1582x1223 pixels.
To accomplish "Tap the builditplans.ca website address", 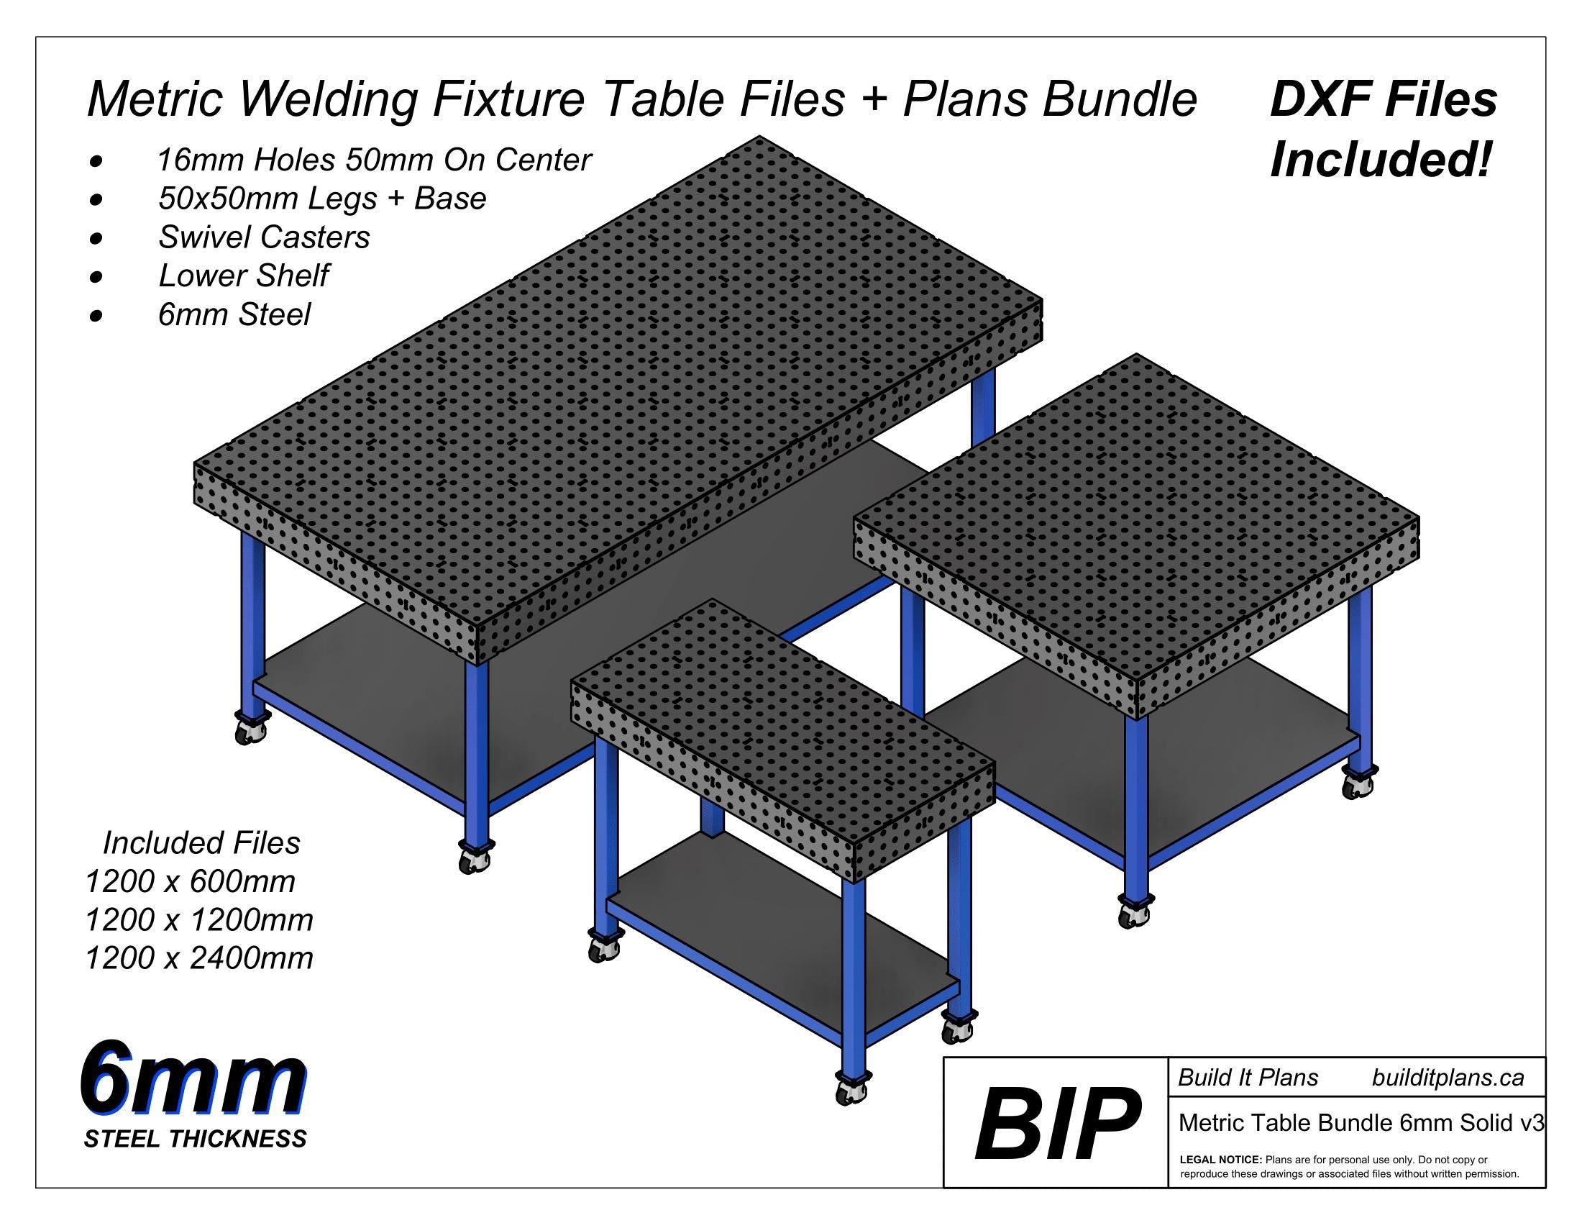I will (x=1448, y=1078).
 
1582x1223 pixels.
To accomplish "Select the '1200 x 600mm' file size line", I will (x=190, y=882).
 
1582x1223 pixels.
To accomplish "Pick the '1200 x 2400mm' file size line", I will (x=199, y=958).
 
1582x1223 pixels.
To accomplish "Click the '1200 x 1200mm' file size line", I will (x=199, y=920).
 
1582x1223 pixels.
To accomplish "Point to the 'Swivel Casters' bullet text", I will (x=264, y=237).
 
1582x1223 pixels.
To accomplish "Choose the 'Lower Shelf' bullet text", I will (x=243, y=276).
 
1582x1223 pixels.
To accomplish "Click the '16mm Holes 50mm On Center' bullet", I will (x=374, y=160).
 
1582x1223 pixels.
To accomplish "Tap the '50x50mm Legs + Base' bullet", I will (x=321, y=199).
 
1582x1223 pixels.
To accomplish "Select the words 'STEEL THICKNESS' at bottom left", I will (x=195, y=1138).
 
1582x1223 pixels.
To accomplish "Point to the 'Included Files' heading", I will (x=201, y=842).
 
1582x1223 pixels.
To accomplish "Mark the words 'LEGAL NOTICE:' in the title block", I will (x=1220, y=1160).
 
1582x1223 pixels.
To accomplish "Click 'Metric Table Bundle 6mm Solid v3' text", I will (x=1361, y=1122).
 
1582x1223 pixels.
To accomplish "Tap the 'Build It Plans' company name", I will (x=1248, y=1078).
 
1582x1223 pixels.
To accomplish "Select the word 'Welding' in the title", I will (x=330, y=99).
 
